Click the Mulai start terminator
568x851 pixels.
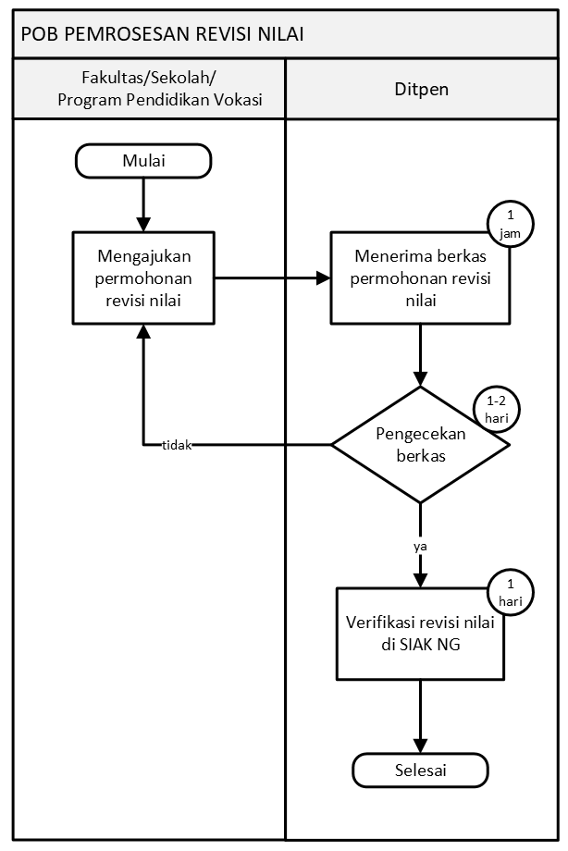[x=143, y=162]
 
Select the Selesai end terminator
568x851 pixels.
[x=420, y=770]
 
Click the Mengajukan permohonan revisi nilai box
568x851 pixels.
[x=143, y=276]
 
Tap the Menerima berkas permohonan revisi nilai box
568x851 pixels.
[x=420, y=276]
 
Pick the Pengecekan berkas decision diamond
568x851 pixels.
[x=420, y=445]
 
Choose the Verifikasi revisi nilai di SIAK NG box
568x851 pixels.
[x=421, y=634]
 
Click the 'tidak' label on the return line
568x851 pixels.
[x=176, y=445]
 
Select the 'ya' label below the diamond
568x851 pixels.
[x=420, y=546]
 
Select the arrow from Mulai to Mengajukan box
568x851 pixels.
[x=143, y=203]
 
